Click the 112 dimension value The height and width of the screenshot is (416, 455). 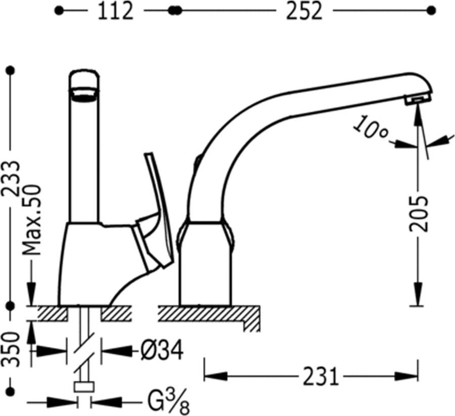coord(115,11)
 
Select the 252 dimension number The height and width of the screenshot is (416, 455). coord(304,11)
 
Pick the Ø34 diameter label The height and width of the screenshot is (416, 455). coord(162,350)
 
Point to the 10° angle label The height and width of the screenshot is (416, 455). coord(370,127)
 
